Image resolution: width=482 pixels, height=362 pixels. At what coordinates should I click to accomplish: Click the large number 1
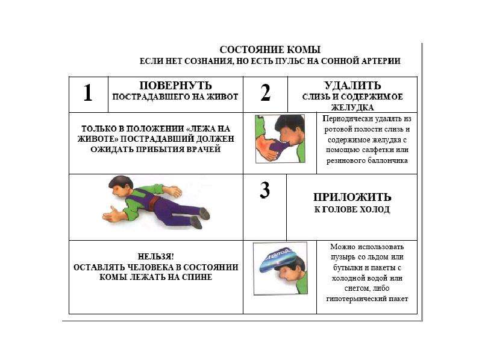click(88, 93)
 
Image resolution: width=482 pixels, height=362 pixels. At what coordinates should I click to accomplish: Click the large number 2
click(265, 92)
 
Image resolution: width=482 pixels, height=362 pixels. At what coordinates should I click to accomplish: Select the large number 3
click(264, 190)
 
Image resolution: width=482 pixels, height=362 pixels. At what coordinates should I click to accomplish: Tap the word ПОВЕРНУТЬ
click(175, 85)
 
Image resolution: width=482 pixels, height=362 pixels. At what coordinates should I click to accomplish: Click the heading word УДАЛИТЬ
click(352, 85)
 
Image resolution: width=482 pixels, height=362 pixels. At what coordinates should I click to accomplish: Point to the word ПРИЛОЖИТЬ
click(352, 197)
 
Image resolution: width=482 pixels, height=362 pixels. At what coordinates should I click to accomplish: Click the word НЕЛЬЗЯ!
click(155, 256)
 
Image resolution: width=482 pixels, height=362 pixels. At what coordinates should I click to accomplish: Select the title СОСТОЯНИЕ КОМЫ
click(270, 49)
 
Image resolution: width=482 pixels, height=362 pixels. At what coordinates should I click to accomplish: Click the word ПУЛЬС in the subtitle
click(290, 61)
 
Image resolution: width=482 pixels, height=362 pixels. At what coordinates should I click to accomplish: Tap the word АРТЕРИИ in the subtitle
click(381, 61)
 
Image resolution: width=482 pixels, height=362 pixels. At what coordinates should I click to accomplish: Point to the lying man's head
click(121, 187)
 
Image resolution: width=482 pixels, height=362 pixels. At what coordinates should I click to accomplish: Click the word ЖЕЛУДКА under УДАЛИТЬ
click(352, 107)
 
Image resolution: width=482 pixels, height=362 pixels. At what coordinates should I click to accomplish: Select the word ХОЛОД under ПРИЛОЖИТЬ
click(374, 209)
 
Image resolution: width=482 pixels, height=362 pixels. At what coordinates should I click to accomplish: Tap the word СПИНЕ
click(197, 277)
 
